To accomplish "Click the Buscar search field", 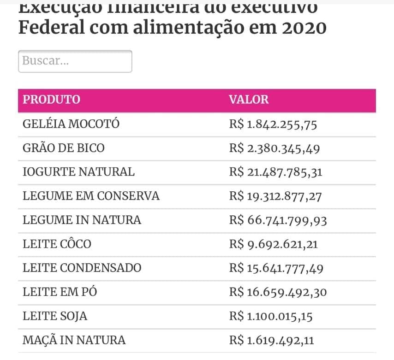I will (75, 61).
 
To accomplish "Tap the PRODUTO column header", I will (52, 100).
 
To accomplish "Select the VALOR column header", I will (249, 100).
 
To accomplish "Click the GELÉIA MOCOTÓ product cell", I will (71, 124).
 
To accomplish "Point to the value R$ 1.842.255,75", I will (273, 124).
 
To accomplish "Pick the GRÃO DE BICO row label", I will (64, 148).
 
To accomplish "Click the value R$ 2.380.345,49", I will (275, 148).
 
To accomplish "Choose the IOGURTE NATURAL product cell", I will (79, 172).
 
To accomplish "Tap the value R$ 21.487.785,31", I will (276, 172).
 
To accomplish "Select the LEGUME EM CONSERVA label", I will (91, 196).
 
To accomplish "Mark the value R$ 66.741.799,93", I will (278, 220).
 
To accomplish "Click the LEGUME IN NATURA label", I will (82, 220).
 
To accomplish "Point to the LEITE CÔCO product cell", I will (57, 244).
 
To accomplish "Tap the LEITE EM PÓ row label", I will (60, 292).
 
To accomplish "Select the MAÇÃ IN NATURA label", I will (74, 340).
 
